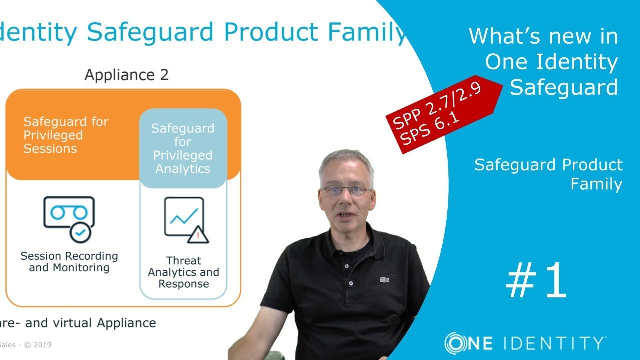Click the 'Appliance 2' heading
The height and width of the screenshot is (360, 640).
tap(126, 75)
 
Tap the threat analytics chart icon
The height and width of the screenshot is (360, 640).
tap(184, 217)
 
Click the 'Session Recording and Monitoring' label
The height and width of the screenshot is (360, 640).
tap(69, 262)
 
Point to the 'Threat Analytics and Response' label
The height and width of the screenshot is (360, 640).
tap(183, 272)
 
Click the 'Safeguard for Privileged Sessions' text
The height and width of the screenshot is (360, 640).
tap(66, 135)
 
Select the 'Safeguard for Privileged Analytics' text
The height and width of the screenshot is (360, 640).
tap(183, 149)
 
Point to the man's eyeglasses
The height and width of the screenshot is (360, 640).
tap(346, 190)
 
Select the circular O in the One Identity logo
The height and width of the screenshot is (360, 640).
tap(456, 343)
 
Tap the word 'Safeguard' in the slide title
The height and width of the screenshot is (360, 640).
tap(150, 32)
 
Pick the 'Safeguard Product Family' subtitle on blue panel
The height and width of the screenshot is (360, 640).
tap(548, 174)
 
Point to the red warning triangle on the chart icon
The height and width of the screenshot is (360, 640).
tap(198, 234)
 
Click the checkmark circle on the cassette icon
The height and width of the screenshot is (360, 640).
tap(80, 232)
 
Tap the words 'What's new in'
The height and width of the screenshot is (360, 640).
tap(543, 36)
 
